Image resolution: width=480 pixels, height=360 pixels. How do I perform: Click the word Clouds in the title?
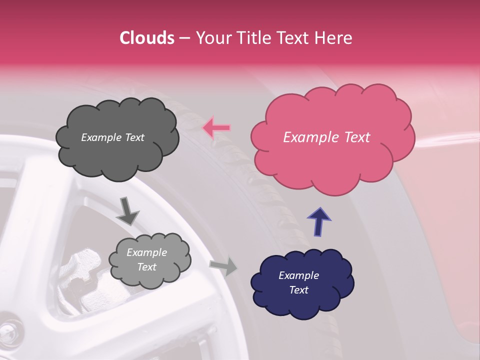pyautogui.click(x=147, y=38)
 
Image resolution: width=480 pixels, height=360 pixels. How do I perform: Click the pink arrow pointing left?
pyautogui.click(x=216, y=128)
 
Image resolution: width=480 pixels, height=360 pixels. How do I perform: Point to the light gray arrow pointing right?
pyautogui.click(x=223, y=266)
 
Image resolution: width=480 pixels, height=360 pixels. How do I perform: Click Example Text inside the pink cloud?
pyautogui.click(x=326, y=137)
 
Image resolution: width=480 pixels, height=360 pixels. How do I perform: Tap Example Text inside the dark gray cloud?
pyautogui.click(x=112, y=137)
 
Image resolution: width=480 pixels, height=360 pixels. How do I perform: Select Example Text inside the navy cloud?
pyautogui.click(x=298, y=282)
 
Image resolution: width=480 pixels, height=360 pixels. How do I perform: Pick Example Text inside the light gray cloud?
pyautogui.click(x=146, y=260)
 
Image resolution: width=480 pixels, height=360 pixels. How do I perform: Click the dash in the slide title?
pyautogui.click(x=184, y=38)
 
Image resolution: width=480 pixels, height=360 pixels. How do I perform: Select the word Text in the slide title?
pyautogui.click(x=294, y=38)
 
